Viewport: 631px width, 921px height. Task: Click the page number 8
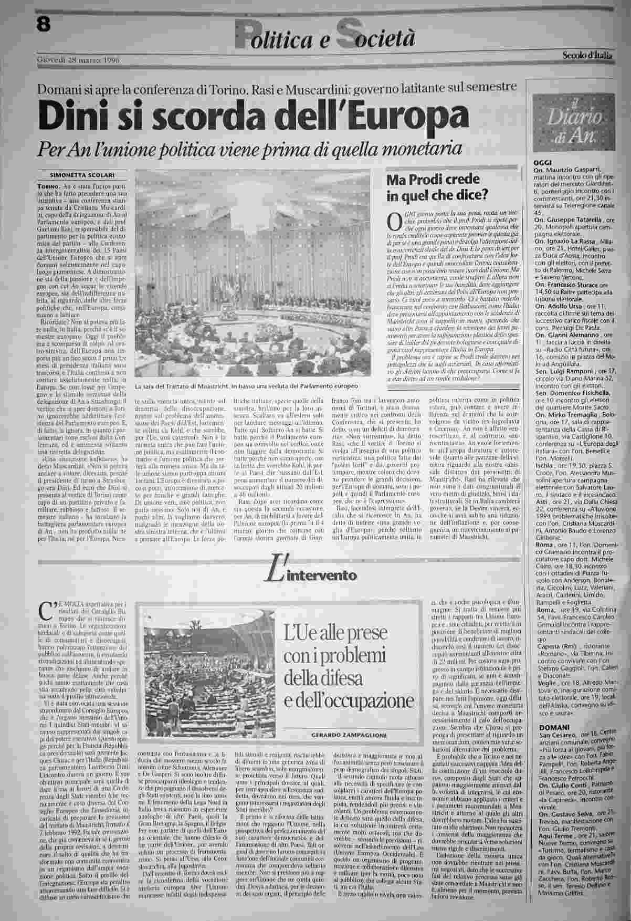(x=44, y=24)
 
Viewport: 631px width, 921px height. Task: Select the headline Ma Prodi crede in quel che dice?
(x=436, y=187)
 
